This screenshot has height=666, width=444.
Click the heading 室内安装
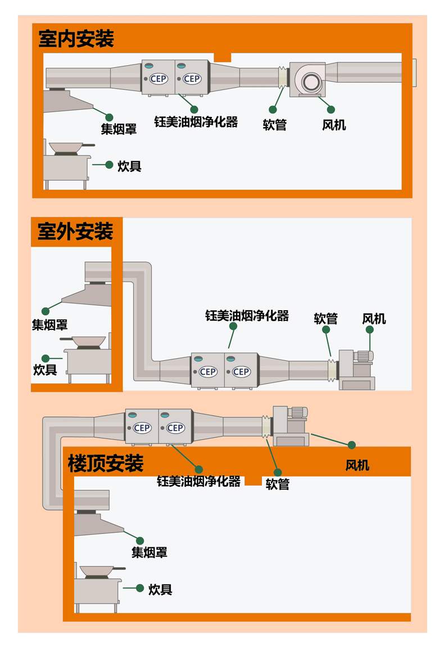76,39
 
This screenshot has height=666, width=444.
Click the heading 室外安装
75,232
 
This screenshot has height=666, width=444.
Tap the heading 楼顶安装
106,464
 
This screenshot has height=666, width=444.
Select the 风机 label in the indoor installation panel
334,125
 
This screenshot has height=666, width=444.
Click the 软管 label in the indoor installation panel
275,125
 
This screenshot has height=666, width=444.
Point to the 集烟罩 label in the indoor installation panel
119,129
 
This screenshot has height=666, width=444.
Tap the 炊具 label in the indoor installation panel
129,166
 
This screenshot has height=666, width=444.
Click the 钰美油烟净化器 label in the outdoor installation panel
247,316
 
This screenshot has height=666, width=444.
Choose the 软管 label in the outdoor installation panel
325,319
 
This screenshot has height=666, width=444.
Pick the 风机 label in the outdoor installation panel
374,319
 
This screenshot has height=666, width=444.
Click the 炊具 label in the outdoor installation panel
45,370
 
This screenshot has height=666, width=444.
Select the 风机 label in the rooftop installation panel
357,465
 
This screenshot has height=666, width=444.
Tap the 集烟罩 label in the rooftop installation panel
149,552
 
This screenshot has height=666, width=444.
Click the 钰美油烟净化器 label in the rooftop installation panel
198,482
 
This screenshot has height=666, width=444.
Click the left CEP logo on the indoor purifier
158,79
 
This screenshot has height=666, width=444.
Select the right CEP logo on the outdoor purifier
241,371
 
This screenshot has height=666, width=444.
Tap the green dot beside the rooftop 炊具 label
140,588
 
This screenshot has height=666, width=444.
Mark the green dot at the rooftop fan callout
352,445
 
